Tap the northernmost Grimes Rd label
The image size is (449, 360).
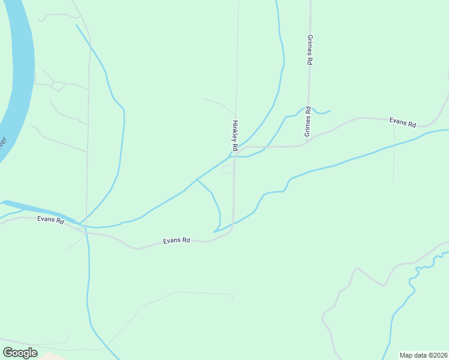(309, 50)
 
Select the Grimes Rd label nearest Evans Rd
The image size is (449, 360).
(307, 121)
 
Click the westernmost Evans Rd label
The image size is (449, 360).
(50, 220)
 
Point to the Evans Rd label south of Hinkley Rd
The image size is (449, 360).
(176, 241)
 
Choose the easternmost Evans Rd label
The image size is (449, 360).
(402, 122)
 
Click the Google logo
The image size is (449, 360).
(20, 352)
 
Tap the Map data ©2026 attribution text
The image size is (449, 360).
(423, 355)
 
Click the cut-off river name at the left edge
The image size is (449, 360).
(3, 144)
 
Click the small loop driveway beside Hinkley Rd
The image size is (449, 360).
(228, 170)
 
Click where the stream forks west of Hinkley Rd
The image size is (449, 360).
(197, 179)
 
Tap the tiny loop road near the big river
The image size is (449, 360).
(58, 86)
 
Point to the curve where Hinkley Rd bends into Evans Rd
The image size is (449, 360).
(231, 231)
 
